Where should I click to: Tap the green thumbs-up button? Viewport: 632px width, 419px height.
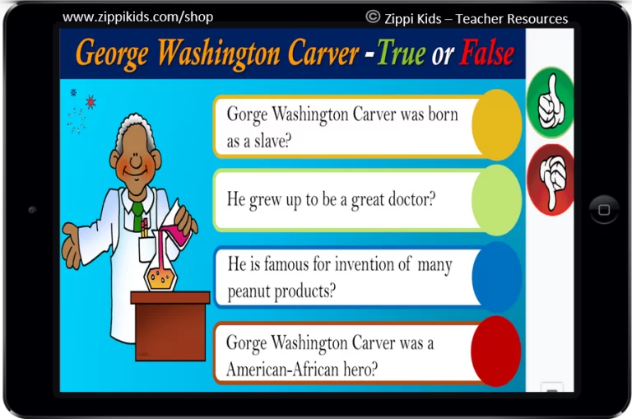coord(551,102)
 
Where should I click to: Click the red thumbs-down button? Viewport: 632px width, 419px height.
coord(551,179)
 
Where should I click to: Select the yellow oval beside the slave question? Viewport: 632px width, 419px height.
coord(496,125)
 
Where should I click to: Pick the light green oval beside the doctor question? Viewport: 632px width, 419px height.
coord(496,200)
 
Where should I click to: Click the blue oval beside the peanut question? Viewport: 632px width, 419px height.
coord(496,277)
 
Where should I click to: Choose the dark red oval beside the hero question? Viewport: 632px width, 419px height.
coord(495,351)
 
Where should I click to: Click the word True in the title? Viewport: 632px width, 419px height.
coord(401,53)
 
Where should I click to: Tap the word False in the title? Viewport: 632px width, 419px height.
coord(487,53)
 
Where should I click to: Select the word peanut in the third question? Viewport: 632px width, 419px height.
coord(249,291)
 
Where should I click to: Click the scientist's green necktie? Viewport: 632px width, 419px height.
coord(137,214)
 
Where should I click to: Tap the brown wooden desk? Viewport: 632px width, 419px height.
coord(170,325)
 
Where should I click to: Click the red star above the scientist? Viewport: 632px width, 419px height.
coord(91,101)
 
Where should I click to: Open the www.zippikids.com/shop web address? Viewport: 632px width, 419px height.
coord(138,17)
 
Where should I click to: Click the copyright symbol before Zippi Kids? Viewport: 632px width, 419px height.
coord(373,16)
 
